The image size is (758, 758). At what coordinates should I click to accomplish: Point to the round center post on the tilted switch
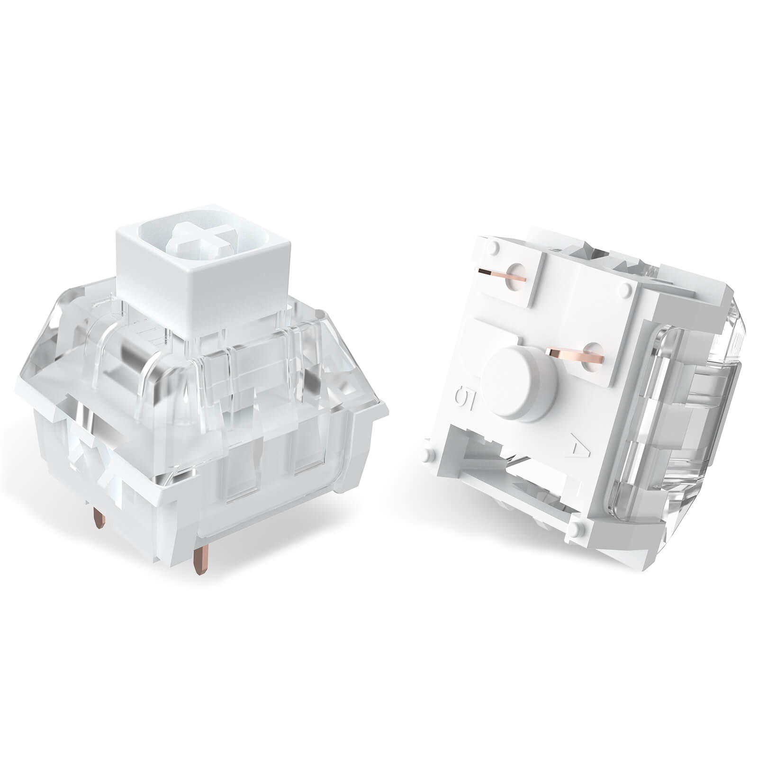[x=520, y=382]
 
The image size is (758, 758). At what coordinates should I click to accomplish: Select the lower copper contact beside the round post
[x=568, y=353]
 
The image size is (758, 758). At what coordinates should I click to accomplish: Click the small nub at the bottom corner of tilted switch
[x=577, y=527]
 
